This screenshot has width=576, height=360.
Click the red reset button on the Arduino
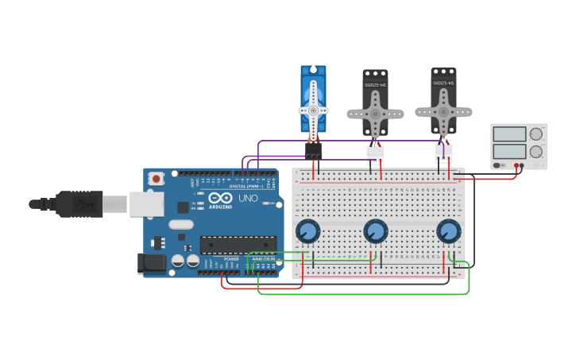[x=156, y=180]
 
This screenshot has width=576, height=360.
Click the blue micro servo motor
[x=313, y=99]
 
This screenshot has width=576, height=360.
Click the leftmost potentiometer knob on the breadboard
[x=307, y=231]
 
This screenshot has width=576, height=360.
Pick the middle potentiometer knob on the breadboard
[x=375, y=231]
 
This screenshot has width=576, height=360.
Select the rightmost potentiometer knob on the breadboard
[x=448, y=231]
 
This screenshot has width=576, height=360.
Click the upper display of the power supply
[x=508, y=134]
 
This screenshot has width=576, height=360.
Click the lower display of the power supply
[x=508, y=151]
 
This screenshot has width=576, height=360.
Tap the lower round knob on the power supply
[x=536, y=151]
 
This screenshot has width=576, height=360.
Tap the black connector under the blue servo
[x=313, y=150]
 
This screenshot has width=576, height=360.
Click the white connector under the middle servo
[x=375, y=153]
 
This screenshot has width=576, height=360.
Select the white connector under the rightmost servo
[x=443, y=151]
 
